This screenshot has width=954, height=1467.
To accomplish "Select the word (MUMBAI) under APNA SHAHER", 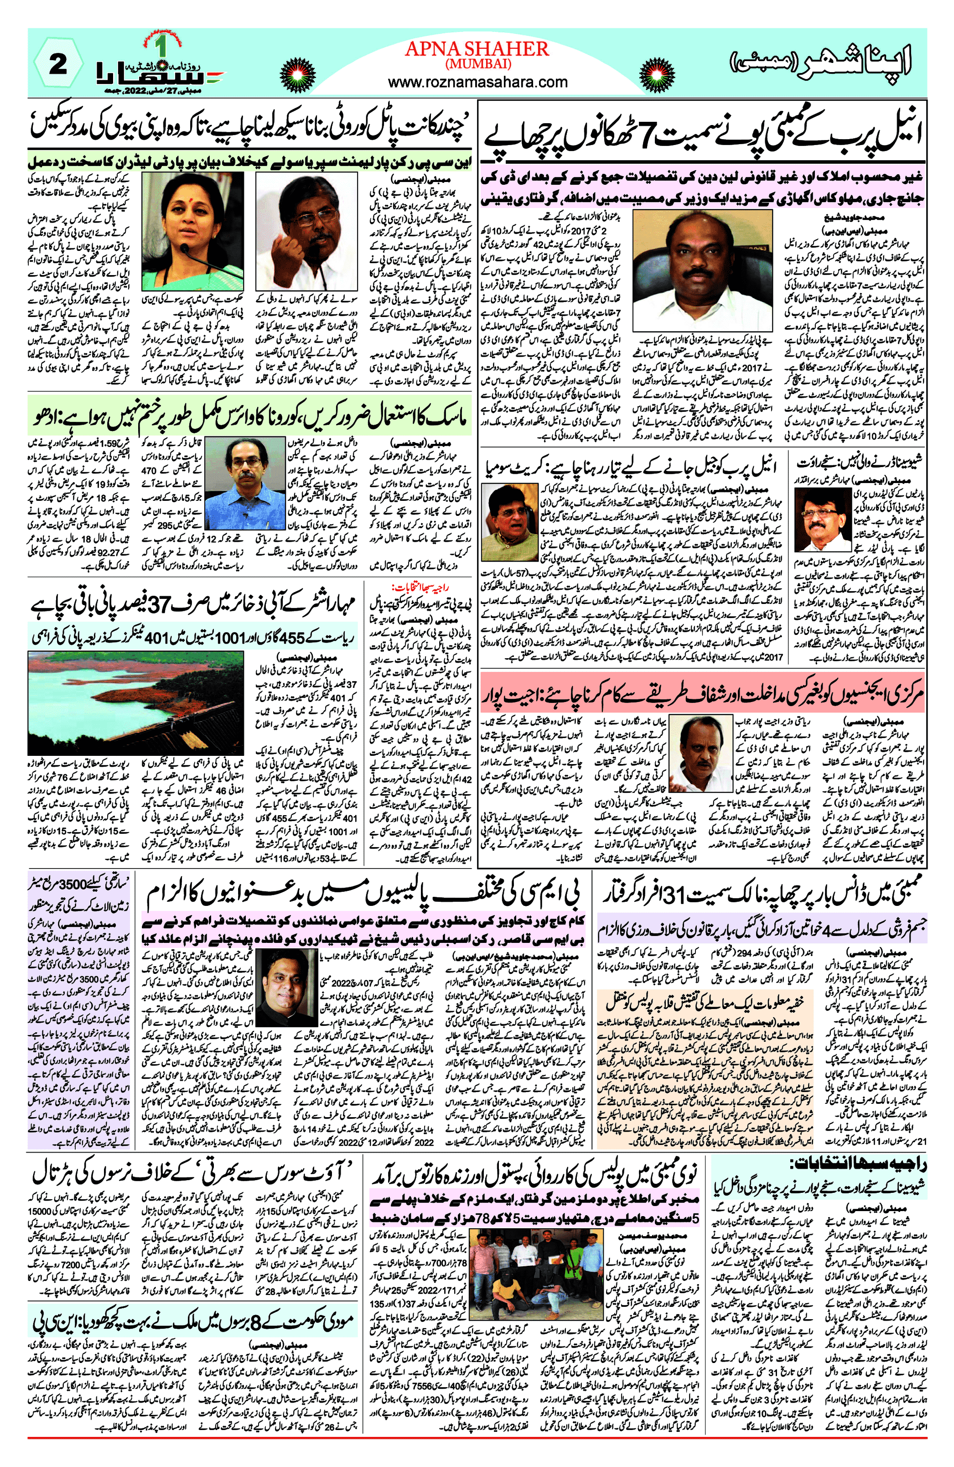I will [477, 63].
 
